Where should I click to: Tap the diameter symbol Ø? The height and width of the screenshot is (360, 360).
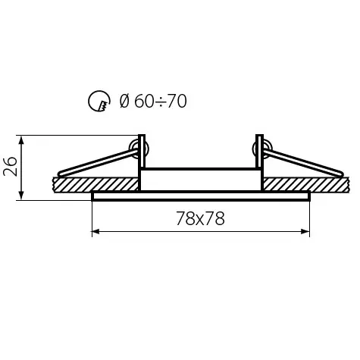tap(124, 101)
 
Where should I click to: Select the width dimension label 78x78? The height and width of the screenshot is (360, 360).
tap(200, 218)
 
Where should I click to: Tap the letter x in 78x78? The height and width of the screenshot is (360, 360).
tap(200, 220)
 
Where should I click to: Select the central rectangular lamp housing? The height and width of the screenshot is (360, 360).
tap(201, 179)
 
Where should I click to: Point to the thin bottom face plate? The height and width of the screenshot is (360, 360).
tap(201, 196)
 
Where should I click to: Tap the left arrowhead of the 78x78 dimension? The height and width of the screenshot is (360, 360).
tap(95, 231)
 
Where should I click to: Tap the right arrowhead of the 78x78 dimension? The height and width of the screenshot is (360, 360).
tap(307, 231)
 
